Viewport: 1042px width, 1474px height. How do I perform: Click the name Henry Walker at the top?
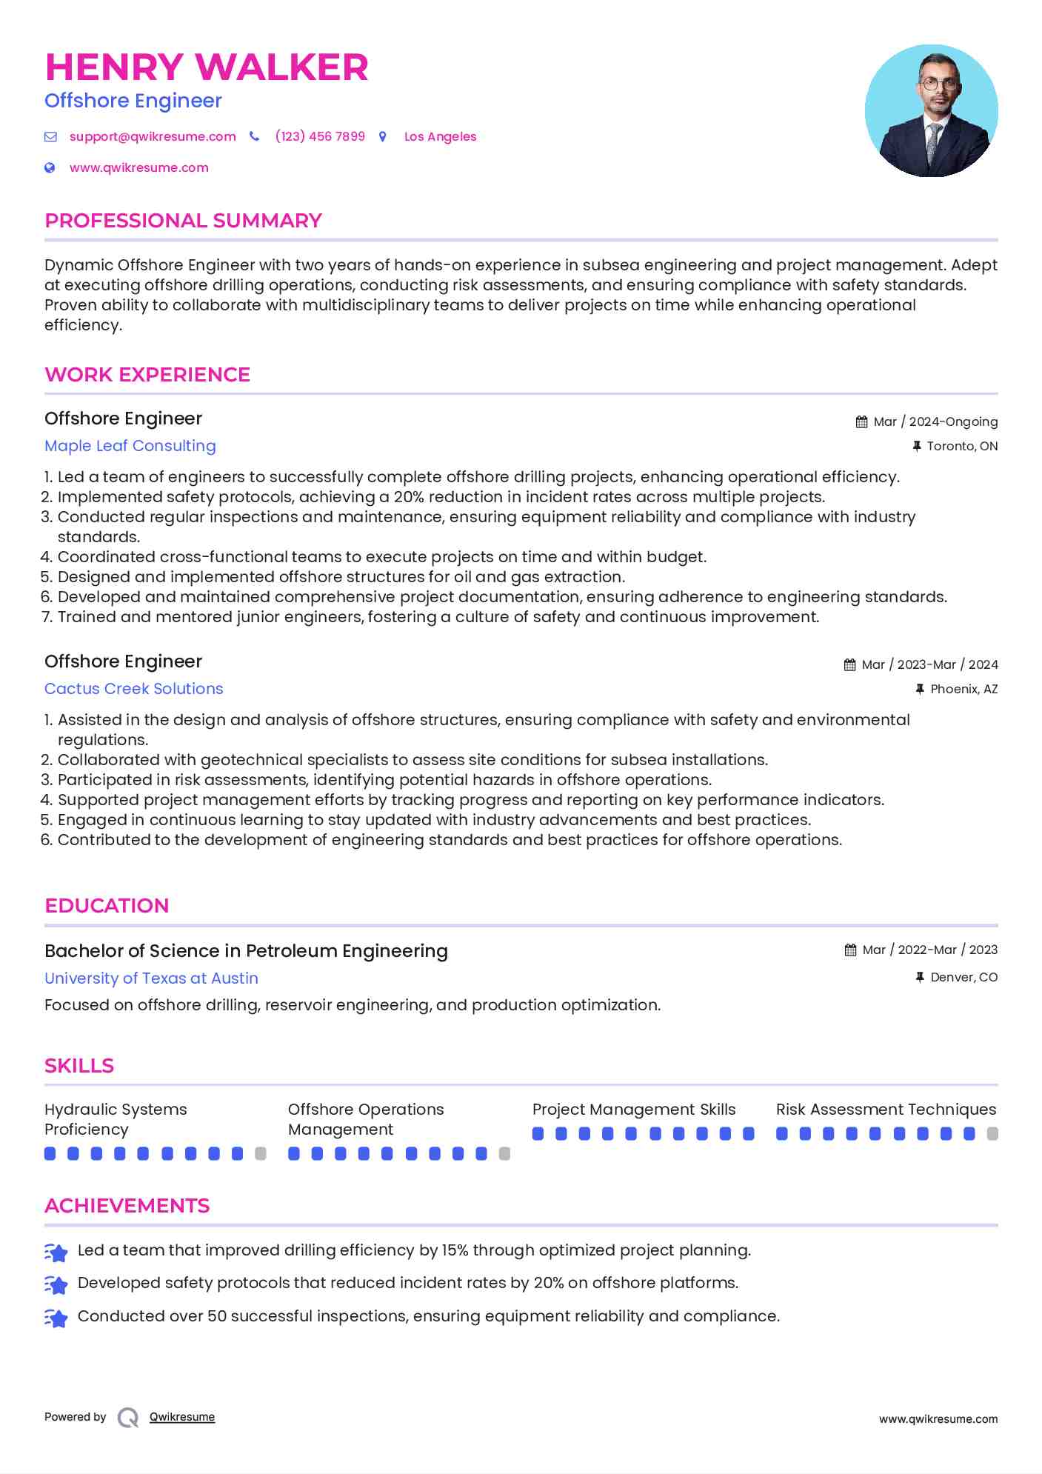tap(207, 67)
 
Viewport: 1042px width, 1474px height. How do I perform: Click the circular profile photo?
tap(931, 111)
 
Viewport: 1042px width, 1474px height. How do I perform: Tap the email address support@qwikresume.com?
tap(153, 137)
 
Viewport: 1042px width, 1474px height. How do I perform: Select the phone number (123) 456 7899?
tap(320, 137)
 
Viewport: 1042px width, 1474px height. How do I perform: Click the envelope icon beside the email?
tap(50, 137)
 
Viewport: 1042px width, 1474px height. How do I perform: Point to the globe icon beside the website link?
tap(50, 168)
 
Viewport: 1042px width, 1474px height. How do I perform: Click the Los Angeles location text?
tap(440, 137)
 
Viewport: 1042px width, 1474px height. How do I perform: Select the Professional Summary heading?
tap(183, 221)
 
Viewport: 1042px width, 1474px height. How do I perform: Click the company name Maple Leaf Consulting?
tap(130, 446)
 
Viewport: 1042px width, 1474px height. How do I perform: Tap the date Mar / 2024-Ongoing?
tap(935, 422)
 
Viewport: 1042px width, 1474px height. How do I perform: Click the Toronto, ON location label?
tap(962, 447)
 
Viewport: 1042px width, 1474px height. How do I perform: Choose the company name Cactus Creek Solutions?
tap(133, 689)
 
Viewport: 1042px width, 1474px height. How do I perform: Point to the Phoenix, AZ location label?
tap(963, 690)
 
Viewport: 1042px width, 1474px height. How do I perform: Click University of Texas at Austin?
tap(151, 978)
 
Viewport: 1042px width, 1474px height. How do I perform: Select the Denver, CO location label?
tap(963, 978)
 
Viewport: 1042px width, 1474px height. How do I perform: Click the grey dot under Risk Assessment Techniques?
tap(992, 1134)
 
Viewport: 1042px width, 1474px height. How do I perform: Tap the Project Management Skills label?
tap(634, 1110)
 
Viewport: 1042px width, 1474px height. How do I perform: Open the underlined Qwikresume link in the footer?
tap(182, 1418)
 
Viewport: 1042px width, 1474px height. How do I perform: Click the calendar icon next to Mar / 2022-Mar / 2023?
tap(850, 950)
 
